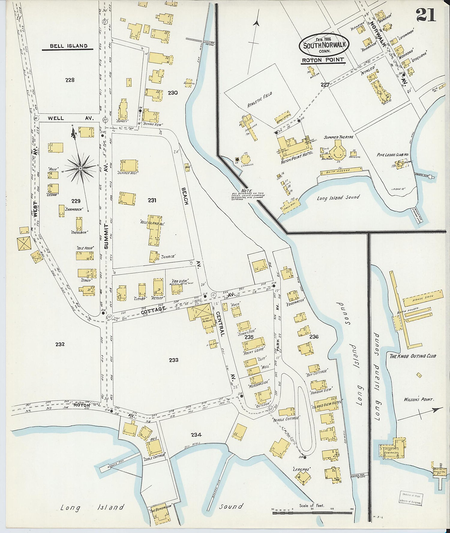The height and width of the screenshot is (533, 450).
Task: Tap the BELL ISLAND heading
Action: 69,46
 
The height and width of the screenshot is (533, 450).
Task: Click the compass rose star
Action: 80,169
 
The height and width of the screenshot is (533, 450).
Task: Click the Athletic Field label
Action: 260,100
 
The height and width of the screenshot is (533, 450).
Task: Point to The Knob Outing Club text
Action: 412,356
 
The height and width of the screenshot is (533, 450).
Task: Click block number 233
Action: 174,360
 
